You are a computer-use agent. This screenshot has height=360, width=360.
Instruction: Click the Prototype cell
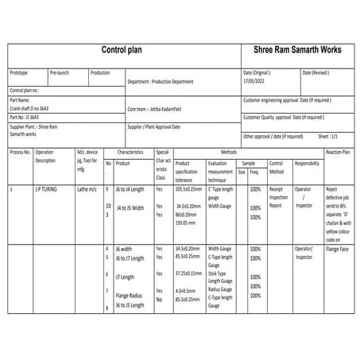coord(19,72)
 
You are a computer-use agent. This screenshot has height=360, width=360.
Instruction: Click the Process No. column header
coord(20,151)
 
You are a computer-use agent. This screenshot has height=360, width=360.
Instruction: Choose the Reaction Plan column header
coord(338,151)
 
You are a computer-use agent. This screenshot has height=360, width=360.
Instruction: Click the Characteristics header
coord(129,150)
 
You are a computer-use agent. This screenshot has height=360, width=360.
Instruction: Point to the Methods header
coord(229,150)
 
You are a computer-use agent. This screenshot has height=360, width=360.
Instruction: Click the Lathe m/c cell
coord(87,189)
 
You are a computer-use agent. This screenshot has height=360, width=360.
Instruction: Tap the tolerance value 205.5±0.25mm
coord(189,189)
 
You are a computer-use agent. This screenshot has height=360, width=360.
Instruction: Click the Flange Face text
coord(339,256)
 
